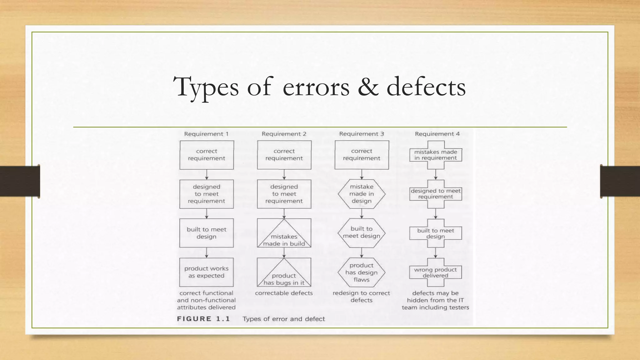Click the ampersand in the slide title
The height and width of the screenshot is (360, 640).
coord(368,87)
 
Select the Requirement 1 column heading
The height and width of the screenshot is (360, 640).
coord(206,134)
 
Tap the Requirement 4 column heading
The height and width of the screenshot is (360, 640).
coord(437,134)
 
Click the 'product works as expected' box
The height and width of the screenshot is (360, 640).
coord(207,272)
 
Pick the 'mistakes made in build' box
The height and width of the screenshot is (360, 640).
coord(284,233)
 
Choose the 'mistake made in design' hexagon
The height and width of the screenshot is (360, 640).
coord(362,194)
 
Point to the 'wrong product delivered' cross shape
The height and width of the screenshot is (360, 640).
coord(436,272)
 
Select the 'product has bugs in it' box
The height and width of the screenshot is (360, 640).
coord(284,272)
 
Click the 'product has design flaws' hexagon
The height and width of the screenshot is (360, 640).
coord(362,272)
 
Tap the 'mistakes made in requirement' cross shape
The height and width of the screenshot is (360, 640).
coord(436,155)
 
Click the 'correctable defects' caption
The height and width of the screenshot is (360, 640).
coord(284,293)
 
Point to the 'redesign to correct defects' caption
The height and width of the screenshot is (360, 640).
coord(361,297)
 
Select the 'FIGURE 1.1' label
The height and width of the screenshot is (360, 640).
coord(203,319)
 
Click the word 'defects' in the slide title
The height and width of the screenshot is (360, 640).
coord(426,87)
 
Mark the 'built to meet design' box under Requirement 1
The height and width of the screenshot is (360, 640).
coord(207,233)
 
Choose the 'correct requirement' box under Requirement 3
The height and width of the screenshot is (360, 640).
coord(362,155)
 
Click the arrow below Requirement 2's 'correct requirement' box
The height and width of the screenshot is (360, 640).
coord(284,175)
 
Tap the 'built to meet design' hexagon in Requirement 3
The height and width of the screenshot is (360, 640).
coord(362,233)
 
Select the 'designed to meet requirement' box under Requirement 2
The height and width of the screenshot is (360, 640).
coord(284,194)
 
